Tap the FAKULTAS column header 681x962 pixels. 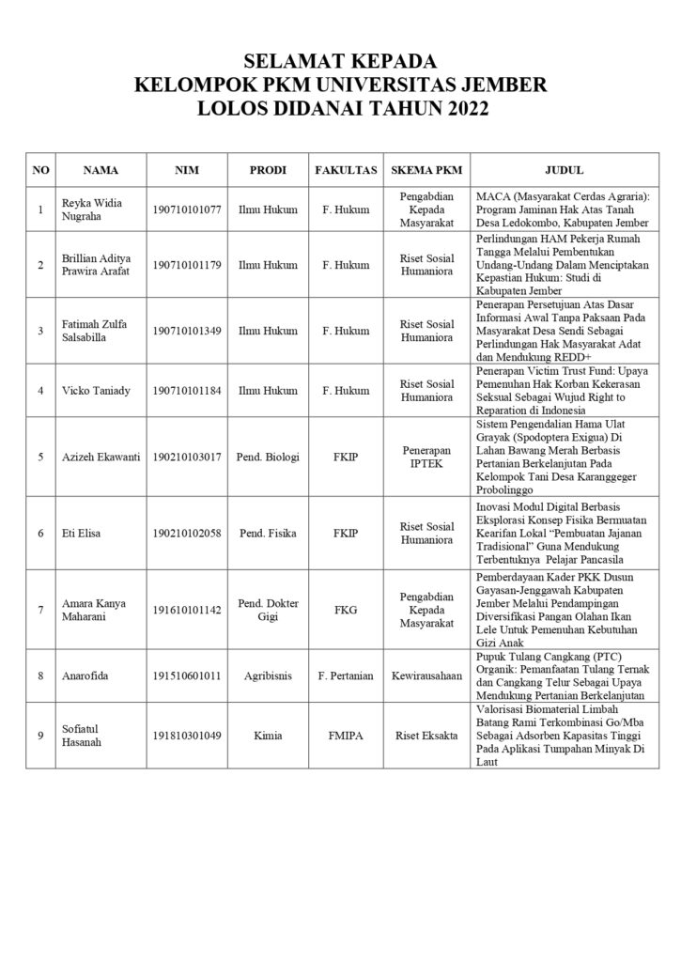point(346,171)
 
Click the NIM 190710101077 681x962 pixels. point(186,209)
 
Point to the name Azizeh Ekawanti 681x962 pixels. point(101,458)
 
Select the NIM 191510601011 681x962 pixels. point(186,675)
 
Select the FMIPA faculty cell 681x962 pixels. point(346,735)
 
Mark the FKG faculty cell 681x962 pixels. point(346,610)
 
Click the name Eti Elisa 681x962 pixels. point(82,534)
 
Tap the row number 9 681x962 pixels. point(40,735)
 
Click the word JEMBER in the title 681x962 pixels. point(500,85)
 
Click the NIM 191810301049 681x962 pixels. point(186,735)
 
